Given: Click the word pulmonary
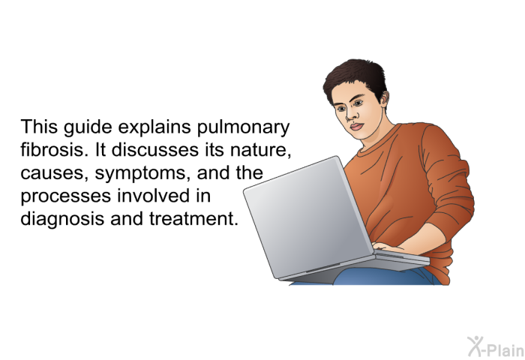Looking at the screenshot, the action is click(x=243, y=127).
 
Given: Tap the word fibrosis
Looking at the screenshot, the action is click(x=52, y=150).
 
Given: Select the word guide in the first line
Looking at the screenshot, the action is click(x=88, y=127).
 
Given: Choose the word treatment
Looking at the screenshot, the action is click(x=193, y=219).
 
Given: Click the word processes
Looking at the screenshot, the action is click(x=66, y=196).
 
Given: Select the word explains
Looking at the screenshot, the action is click(x=154, y=127).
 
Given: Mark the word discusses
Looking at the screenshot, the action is click(x=155, y=150).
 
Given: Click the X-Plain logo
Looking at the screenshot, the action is click(x=496, y=346).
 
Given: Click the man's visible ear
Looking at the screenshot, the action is click(x=384, y=99).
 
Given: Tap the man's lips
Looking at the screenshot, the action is click(x=356, y=127).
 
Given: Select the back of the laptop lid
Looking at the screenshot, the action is click(x=308, y=217).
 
